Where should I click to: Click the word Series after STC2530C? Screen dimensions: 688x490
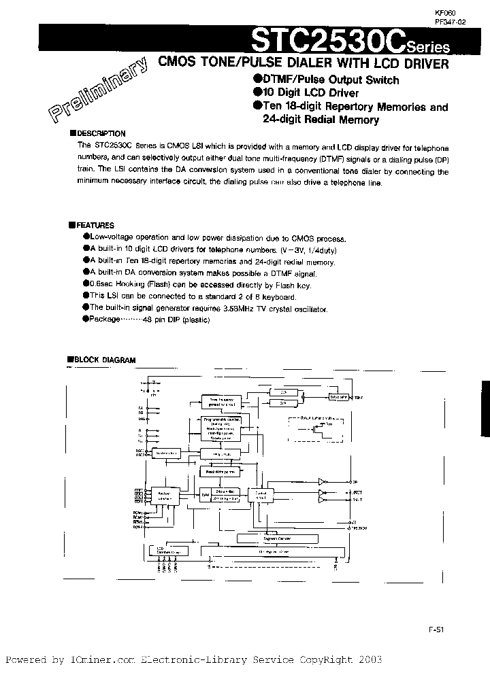[x=429, y=47]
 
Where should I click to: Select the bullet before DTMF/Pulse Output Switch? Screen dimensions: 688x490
[x=257, y=80]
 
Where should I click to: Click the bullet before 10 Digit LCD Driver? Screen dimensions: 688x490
[x=257, y=92]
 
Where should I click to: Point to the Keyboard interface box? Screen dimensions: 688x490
[x=165, y=496]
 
